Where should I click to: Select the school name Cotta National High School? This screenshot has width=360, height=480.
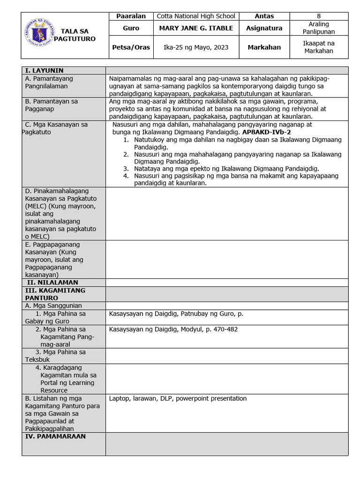195,16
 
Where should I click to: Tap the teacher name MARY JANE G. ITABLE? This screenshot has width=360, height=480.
195,28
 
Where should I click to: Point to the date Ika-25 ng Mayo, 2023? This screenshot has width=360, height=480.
195,47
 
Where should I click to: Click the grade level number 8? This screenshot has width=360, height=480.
319,16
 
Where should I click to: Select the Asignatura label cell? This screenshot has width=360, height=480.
264,28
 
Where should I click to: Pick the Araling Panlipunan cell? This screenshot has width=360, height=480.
319,28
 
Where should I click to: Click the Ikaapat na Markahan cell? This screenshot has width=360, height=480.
319,47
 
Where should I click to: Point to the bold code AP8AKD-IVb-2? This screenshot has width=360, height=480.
266,132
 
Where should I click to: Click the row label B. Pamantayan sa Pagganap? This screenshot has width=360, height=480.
52,105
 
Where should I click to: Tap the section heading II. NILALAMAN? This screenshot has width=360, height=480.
52,283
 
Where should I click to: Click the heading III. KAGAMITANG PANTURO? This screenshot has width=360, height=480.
55,294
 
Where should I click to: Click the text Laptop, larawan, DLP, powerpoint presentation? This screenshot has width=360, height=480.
178,398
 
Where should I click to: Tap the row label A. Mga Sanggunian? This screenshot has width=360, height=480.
53,306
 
